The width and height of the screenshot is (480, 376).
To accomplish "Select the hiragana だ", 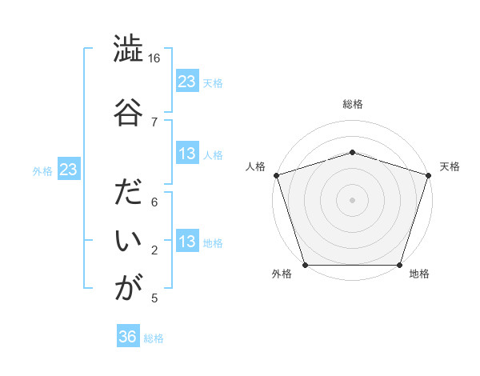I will pos(128,194).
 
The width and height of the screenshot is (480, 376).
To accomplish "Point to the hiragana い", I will pos(128,241).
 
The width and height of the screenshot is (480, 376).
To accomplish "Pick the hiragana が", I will pos(128,287).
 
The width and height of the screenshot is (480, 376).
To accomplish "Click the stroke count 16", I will pos(154,58).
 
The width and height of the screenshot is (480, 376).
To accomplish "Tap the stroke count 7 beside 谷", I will pos(154,122).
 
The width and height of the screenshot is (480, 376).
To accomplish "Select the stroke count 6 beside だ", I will pos(154,203).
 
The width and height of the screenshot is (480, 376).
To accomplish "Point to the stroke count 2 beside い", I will pos(154,250).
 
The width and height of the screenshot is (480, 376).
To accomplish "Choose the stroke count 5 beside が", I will pos(154,298).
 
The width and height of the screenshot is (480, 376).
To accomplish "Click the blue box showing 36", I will pos(128,337).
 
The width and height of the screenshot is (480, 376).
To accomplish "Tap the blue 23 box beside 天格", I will pos(187,82).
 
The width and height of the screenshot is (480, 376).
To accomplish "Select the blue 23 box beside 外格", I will pos(68,170).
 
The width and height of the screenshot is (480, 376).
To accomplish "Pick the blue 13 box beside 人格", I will pos(187,154).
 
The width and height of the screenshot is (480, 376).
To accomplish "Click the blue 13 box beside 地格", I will pos(187,242).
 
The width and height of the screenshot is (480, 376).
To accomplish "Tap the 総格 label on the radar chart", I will pos(353,104).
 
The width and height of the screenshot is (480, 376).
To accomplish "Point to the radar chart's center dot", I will pos(353,200).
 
